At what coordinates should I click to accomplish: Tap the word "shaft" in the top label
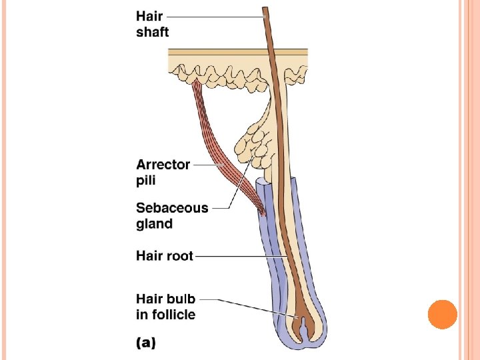click(x=153, y=32)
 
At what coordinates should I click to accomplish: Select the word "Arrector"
click(x=163, y=164)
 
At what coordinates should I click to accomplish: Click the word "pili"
click(x=147, y=180)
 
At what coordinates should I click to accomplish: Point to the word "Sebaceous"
click(x=172, y=207)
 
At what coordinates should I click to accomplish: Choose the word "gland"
click(x=154, y=224)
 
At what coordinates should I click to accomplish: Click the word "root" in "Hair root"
click(x=179, y=255)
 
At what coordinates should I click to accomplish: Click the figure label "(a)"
click(x=146, y=343)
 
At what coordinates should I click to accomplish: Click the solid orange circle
click(x=442, y=314)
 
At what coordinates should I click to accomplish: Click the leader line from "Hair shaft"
click(x=213, y=15)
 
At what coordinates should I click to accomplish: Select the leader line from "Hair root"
click(x=240, y=255)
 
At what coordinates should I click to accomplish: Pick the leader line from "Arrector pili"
click(x=203, y=164)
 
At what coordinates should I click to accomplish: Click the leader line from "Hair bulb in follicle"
click(x=247, y=307)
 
